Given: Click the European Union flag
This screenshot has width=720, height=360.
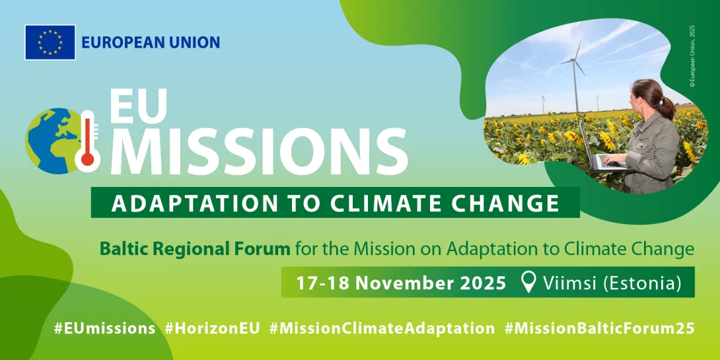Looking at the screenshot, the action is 50,42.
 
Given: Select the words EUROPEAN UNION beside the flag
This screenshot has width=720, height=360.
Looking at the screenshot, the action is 151,43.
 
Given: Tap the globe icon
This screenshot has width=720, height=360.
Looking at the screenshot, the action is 50,141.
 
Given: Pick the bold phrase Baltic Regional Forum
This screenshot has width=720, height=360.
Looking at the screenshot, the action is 195,250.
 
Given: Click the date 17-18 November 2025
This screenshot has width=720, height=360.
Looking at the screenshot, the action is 400,283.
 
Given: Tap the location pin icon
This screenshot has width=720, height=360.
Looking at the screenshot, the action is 530,283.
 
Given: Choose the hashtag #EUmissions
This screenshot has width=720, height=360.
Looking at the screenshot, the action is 104,329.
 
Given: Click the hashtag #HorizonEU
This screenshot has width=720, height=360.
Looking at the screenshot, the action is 213,329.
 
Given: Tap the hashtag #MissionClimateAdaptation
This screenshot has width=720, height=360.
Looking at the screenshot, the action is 382,329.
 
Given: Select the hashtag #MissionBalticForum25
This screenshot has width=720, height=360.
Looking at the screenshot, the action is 600,329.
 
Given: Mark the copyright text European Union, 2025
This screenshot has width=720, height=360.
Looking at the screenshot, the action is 692,56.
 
